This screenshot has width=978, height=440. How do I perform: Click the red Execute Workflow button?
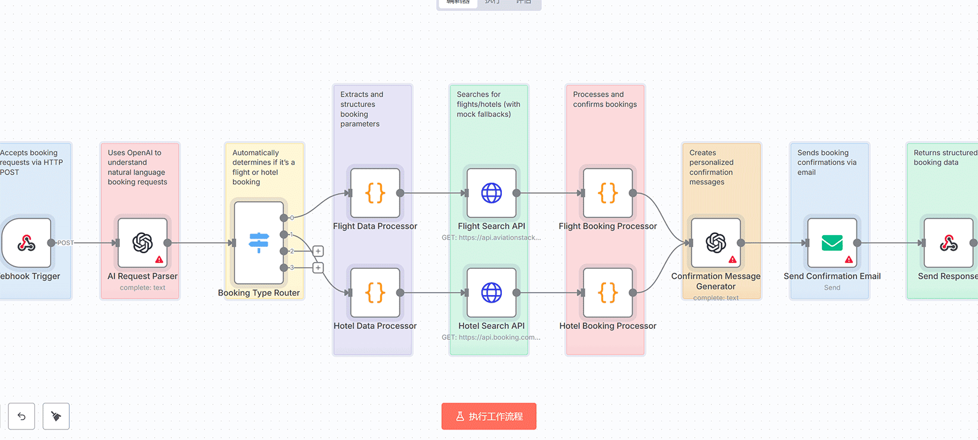(488, 416)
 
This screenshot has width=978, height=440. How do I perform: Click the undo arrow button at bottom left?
(22, 416)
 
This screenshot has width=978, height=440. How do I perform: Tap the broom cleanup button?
(56, 416)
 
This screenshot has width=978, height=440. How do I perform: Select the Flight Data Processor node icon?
(375, 193)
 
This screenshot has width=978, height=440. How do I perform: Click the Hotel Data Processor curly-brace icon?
(375, 293)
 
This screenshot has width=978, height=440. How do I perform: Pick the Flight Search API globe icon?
(491, 193)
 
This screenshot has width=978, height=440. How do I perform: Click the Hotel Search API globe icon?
(491, 293)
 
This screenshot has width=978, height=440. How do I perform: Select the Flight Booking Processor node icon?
(608, 193)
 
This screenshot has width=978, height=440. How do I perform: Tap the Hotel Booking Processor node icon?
(608, 293)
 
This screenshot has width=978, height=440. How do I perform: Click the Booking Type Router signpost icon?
(258, 243)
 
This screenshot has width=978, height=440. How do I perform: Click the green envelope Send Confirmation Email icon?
(832, 243)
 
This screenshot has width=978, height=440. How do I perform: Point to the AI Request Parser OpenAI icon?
(143, 243)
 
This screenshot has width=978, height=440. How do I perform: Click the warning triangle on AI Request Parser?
(159, 260)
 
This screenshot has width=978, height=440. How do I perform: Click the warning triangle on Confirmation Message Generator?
(732, 260)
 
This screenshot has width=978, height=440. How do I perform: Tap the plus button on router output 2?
(318, 251)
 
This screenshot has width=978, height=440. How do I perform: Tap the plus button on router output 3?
(318, 268)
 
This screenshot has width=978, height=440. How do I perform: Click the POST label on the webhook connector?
(65, 243)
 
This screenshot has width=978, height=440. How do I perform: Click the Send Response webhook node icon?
(948, 243)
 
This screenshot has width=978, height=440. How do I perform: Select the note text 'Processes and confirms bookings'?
(604, 100)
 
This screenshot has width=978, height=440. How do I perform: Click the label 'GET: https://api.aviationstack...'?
(491, 237)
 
